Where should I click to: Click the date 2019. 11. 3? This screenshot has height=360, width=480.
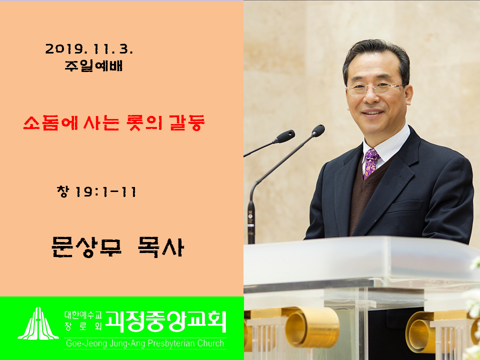[x=89, y=49]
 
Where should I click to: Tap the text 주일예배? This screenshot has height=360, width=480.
[x=93, y=65]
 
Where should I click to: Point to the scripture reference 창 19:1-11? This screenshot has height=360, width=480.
[x=96, y=192]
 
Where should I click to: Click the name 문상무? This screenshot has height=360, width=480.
[x=86, y=246]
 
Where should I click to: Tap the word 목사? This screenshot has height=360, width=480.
[x=161, y=246]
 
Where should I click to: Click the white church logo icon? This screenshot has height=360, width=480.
[x=38, y=323]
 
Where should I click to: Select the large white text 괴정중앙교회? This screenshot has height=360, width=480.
[x=165, y=321]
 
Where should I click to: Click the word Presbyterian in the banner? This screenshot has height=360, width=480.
[x=171, y=343]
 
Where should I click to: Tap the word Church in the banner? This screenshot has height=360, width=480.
[x=210, y=343]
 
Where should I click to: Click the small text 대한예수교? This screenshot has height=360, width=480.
[x=82, y=314]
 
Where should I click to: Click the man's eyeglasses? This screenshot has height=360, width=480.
[x=375, y=89]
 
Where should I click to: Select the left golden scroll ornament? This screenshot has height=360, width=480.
[x=312, y=327]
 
